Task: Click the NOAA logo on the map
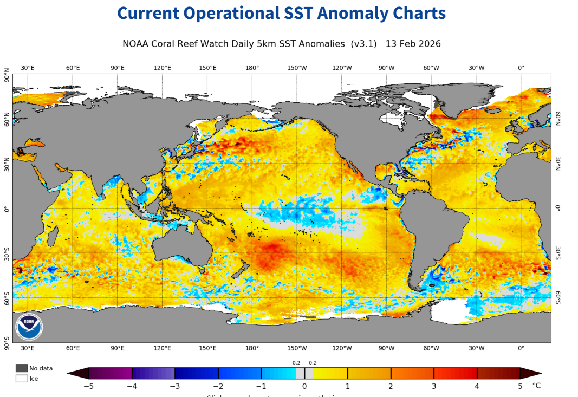29,327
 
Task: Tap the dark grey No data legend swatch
22,368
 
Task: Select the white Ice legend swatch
22,379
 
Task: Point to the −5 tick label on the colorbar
88,386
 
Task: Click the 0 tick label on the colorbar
304,386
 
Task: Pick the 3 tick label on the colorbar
433,386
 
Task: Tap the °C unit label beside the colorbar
536,386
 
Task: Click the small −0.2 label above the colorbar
295,363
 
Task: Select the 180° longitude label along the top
252,68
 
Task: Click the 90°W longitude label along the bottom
386,348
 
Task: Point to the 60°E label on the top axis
73,68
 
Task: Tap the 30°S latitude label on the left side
7,253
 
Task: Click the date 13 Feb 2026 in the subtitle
413,44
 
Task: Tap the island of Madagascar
53,237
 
